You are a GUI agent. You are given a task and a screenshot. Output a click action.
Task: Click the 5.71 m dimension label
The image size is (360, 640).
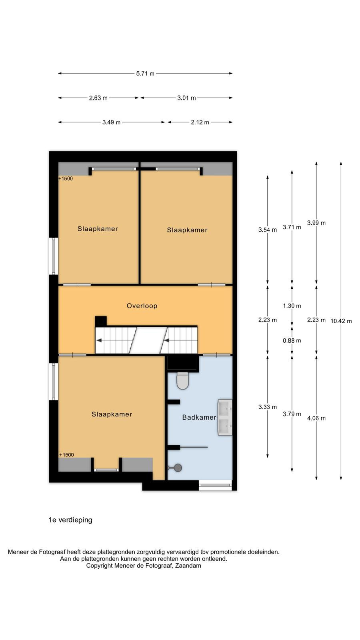click(145, 74)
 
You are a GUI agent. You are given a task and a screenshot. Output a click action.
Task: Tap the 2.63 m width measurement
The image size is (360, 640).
click(98, 98)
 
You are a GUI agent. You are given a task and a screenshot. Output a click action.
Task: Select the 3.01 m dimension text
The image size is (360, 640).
click(186, 98)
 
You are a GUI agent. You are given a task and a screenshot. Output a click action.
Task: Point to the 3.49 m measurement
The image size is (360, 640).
click(112, 122)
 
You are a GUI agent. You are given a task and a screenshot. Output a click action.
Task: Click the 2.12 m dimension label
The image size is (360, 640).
click(200, 122)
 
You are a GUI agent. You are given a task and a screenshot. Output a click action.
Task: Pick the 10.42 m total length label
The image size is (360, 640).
click(341, 321)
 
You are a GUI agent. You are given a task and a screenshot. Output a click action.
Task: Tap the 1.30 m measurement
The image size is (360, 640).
click(292, 306)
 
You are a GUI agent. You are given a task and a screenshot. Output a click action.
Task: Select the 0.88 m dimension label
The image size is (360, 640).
click(292, 340)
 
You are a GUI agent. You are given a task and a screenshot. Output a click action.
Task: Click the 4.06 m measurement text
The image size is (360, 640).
click(316, 418)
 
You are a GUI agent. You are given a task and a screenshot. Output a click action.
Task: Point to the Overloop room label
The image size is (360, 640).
click(142, 306)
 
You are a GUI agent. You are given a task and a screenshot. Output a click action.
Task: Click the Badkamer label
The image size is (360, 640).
click(199, 418)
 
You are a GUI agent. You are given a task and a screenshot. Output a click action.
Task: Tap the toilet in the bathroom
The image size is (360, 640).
click(182, 380)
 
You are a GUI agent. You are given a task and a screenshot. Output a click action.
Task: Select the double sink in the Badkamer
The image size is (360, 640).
click(225, 418)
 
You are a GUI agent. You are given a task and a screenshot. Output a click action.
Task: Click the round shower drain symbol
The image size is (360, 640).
click(178, 468)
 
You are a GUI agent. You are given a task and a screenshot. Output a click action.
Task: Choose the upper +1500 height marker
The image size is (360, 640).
click(66, 178)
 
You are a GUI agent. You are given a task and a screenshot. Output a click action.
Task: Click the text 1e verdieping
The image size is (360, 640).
click(70, 520)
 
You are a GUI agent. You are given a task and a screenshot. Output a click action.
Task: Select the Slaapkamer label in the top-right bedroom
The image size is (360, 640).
click(187, 230)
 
